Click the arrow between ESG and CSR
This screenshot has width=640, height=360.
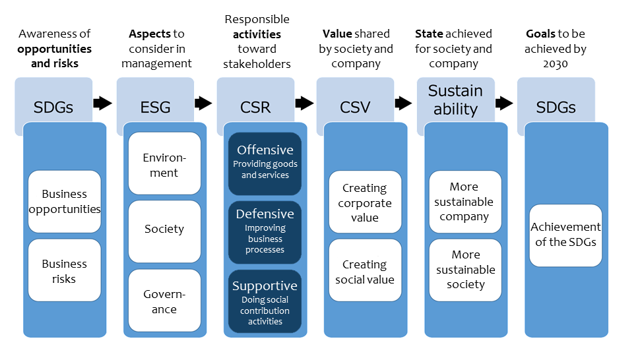point(203,103)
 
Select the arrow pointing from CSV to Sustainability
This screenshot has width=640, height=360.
point(403,103)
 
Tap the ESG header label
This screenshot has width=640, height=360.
point(156,107)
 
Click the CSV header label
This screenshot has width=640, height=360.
point(355,107)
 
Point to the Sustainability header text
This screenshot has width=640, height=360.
point(455,100)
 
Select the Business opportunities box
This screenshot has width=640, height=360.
point(65,201)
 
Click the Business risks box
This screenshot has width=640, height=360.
point(65,270)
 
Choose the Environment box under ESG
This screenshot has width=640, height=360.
point(164,163)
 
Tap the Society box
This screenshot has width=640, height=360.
point(164,231)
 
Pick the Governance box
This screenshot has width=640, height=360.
point(164,301)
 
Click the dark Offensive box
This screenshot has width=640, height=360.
point(265,164)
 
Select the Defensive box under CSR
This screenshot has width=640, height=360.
point(265,232)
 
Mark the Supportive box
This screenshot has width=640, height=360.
point(265,301)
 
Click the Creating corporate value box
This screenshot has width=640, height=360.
point(366,202)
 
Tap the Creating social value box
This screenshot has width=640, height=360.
point(366,270)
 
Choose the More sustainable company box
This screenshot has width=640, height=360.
point(465,202)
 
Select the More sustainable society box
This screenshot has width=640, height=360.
point(465,270)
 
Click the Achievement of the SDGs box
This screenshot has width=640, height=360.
point(565,235)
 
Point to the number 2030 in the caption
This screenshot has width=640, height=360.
point(555,64)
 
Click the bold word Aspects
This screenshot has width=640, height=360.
point(150,34)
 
